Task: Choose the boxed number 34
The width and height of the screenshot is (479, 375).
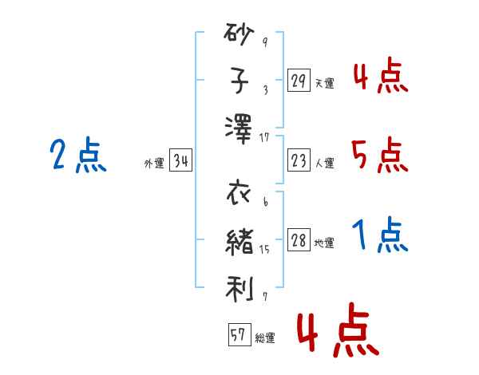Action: click(181, 162)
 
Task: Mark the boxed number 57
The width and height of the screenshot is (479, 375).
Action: click(239, 336)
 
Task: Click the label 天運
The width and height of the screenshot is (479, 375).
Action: click(324, 83)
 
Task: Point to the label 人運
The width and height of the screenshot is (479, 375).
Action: click(324, 164)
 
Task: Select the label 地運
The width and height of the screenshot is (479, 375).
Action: click(324, 243)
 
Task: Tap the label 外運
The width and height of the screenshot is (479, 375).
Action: click(154, 164)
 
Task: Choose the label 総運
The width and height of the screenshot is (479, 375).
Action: click(265, 338)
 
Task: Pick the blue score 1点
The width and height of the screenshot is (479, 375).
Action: click(380, 235)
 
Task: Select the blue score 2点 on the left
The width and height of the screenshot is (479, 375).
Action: click(77, 155)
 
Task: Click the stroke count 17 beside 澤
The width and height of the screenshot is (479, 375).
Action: click(264, 138)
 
